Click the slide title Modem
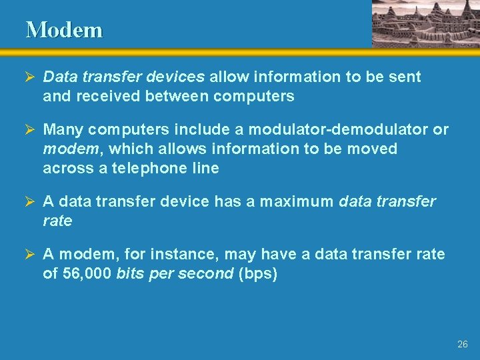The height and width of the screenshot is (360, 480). click(x=64, y=30)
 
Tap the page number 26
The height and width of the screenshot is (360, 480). click(x=463, y=345)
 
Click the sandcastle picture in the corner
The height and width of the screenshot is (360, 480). click(x=425, y=23)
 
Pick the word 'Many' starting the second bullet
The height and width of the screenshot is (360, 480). click(x=63, y=129)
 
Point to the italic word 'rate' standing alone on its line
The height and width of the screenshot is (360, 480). click(x=57, y=221)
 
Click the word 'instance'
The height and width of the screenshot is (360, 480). click(x=189, y=254)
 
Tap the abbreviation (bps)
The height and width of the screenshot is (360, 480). click(x=257, y=273)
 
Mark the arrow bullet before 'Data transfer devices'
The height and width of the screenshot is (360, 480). click(x=31, y=77)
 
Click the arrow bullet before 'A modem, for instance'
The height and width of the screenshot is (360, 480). click(x=31, y=255)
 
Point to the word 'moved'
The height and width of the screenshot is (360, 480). click(x=375, y=149)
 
